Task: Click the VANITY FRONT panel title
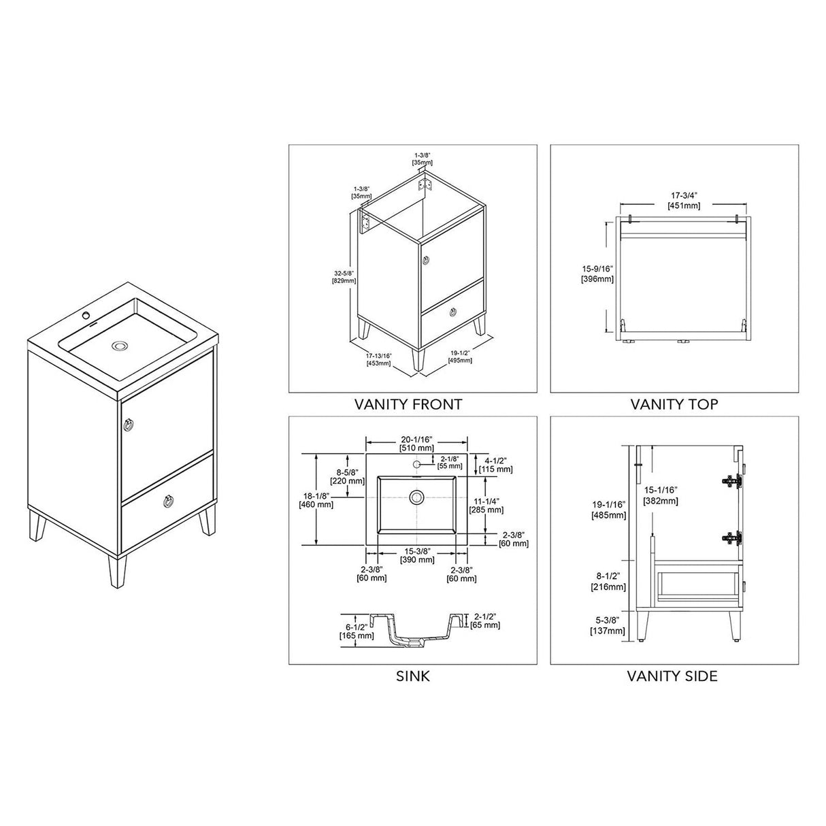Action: pyautogui.click(x=408, y=404)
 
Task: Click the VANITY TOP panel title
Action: pyautogui.click(x=674, y=404)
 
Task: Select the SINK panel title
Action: pyautogui.click(x=412, y=676)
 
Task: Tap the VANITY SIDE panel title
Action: pyautogui.click(x=672, y=676)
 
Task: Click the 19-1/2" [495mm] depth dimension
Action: pyautogui.click(x=461, y=357)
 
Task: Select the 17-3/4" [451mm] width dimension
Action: pyautogui.click(x=684, y=201)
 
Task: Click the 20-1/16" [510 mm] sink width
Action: pyautogui.click(x=416, y=443)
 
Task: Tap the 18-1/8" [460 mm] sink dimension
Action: pyautogui.click(x=316, y=500)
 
